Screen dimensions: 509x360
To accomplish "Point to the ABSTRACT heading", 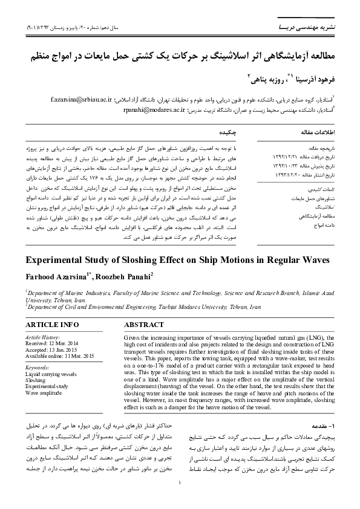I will pyautogui.click(x=143, y=325).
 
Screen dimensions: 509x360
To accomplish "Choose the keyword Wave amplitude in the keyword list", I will pyautogui.click(x=43, y=393).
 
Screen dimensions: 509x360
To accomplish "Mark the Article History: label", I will pyautogui.click(x=42, y=337).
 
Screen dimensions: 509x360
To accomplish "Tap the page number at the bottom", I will pyautogui.click(x=180, y=499).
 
